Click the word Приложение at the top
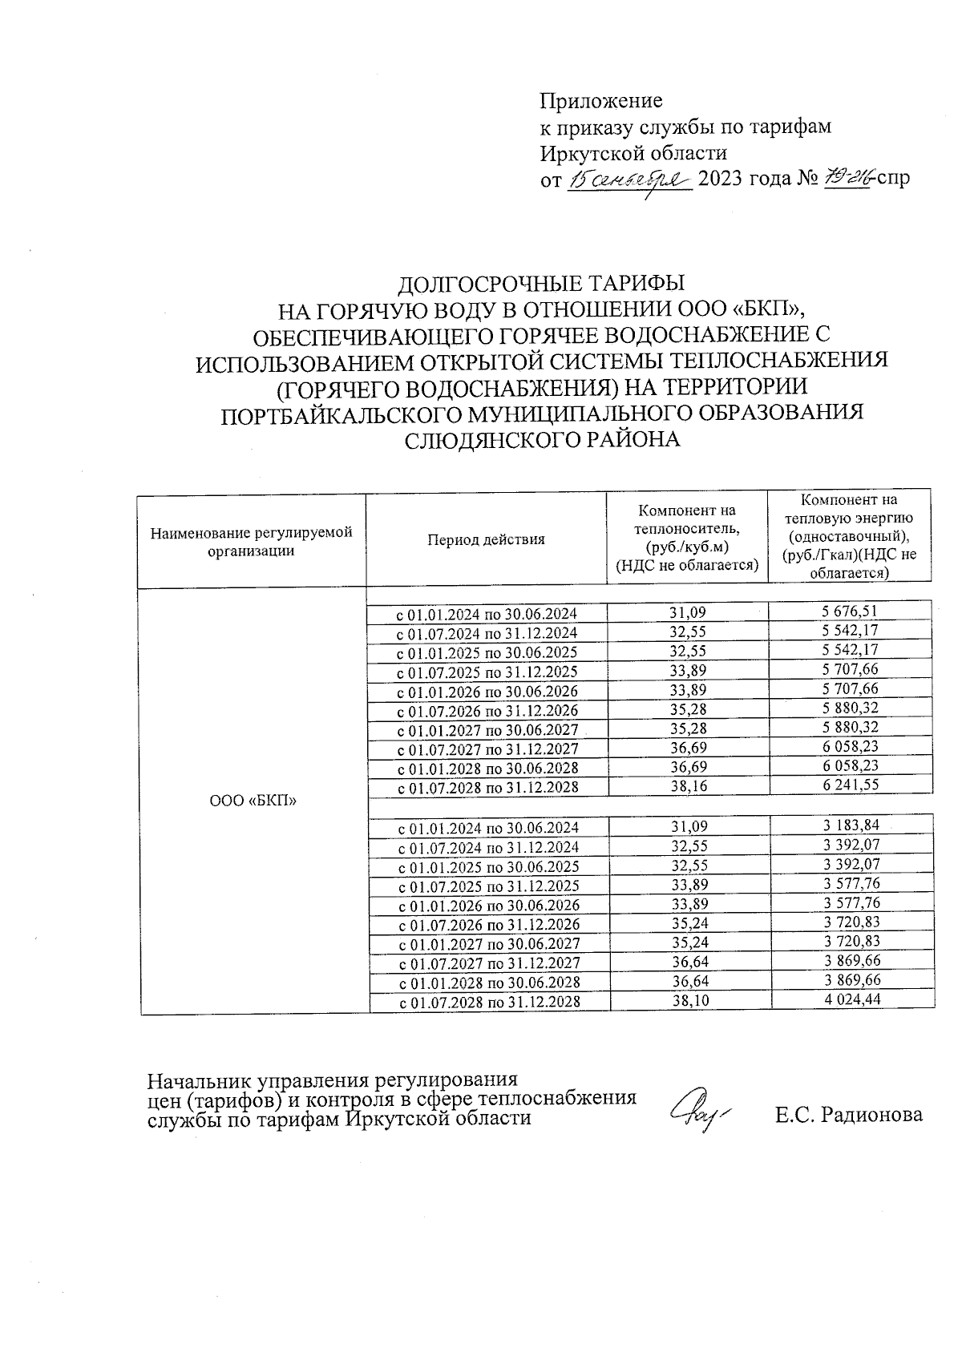click(x=601, y=101)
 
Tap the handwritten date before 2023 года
click(x=629, y=179)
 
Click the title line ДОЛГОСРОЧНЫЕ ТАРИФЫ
click(x=543, y=284)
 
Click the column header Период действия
click(x=486, y=539)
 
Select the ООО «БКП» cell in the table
click(x=253, y=801)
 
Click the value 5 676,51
click(x=850, y=612)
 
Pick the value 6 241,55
click(x=850, y=785)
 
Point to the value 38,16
click(x=688, y=786)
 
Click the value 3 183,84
click(x=851, y=825)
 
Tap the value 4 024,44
click(x=851, y=999)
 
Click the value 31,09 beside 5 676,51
click(x=688, y=613)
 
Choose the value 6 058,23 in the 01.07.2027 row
click(x=850, y=747)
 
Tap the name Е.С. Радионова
click(x=848, y=1114)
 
